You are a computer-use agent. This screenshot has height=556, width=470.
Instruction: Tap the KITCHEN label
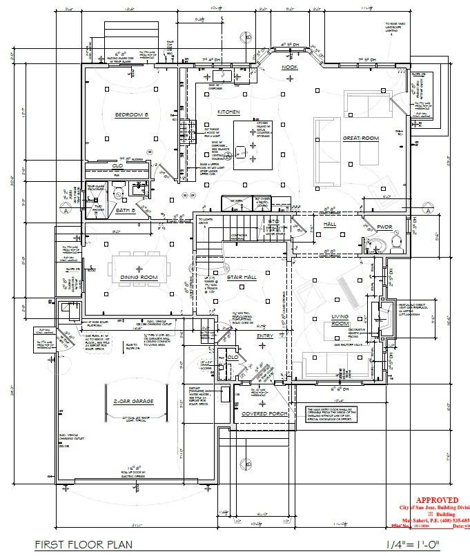(228, 112)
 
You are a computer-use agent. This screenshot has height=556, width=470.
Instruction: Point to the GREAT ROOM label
(361, 138)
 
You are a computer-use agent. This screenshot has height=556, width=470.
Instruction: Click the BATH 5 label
(125, 209)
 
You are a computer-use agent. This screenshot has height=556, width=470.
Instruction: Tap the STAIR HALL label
(242, 277)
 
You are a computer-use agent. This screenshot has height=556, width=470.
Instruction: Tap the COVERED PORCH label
(264, 414)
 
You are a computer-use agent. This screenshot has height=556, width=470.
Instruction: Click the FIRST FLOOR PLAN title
(84, 544)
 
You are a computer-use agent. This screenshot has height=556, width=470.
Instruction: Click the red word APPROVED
(436, 501)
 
